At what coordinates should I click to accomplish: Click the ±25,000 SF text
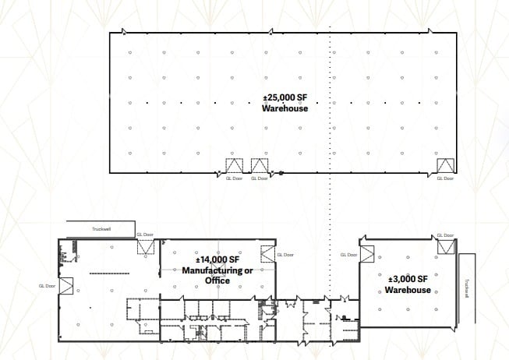(285, 97)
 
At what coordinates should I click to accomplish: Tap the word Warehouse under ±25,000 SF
(285, 108)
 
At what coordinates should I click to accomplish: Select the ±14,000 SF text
(217, 259)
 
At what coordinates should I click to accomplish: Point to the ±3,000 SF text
(408, 279)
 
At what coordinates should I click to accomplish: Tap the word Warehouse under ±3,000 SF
(408, 290)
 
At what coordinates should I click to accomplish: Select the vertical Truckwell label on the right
(466, 288)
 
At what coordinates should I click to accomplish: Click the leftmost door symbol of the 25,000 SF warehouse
(235, 166)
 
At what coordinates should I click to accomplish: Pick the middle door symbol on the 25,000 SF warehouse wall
(260, 166)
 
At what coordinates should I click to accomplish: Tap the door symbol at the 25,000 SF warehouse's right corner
(445, 166)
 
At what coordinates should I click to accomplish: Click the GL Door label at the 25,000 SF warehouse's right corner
(445, 178)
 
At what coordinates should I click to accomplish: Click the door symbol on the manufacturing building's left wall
(65, 285)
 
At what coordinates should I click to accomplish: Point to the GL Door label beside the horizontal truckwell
(145, 234)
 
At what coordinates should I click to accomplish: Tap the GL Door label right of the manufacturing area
(285, 254)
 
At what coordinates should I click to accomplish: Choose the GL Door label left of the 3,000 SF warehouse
(348, 254)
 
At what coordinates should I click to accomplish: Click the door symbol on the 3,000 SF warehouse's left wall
(366, 255)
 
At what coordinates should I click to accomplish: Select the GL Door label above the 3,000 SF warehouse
(445, 234)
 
